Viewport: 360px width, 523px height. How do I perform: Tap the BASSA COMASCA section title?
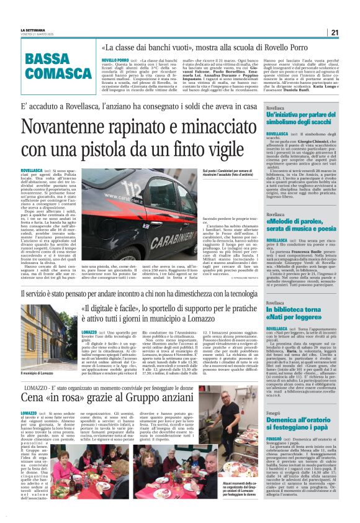56,65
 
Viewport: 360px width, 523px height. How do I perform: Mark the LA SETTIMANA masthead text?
34,30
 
